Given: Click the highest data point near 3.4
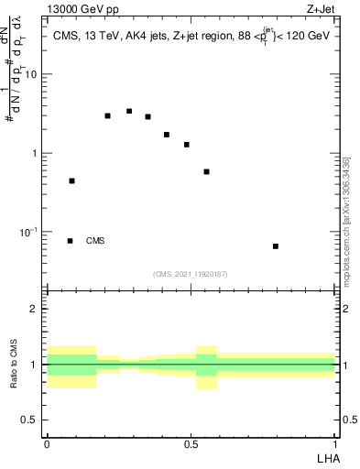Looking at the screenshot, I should pyautogui.click(x=129, y=112).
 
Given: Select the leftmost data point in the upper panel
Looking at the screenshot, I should pyautogui.click(x=71, y=181).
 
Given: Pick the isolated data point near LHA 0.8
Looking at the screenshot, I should pyautogui.click(x=276, y=246).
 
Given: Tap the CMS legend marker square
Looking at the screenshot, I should pyautogui.click(x=71, y=241).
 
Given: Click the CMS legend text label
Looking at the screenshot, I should pyautogui.click(x=95, y=241).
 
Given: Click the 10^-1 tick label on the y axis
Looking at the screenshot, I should pyautogui.click(x=31, y=232).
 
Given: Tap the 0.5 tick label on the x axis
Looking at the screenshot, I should pyautogui.click(x=191, y=443).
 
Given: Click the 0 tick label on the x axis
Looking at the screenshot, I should pyautogui.click(x=47, y=443).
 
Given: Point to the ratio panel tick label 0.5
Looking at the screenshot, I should pyautogui.click(x=32, y=420).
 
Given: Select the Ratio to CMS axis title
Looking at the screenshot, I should pyautogui.click(x=15, y=365).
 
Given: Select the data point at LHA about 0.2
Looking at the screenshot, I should pyautogui.click(x=108, y=116).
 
